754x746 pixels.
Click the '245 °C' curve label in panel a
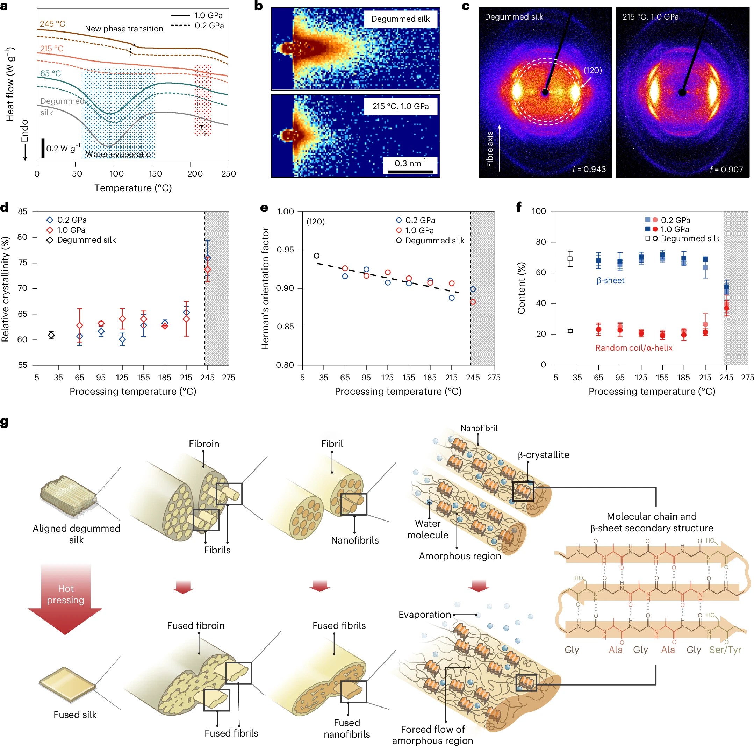pyautogui.click(x=52, y=24)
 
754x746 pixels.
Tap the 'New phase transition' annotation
pyautogui.click(x=124, y=29)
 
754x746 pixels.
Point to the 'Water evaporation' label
pyautogui.click(x=120, y=154)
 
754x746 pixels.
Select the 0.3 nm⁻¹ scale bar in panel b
pyautogui.click(x=410, y=171)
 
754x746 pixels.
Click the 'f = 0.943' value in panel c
pyautogui.click(x=589, y=169)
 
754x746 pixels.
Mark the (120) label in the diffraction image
pyautogui.click(x=593, y=70)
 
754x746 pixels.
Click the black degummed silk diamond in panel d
pyautogui.click(x=51, y=335)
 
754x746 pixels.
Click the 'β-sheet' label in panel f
pyautogui.click(x=610, y=280)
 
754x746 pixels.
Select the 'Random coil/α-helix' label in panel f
pyautogui.click(x=634, y=348)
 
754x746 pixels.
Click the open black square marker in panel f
pyautogui.click(x=570, y=258)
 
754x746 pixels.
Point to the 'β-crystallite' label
pyautogui.click(x=543, y=455)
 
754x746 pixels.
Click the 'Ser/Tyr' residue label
pyautogui.click(x=725, y=650)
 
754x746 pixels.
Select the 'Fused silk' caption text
pyautogui.click(x=75, y=715)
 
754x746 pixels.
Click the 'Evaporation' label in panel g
pyautogui.click(x=425, y=615)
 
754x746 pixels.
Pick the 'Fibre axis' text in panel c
pyautogui.click(x=490, y=149)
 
